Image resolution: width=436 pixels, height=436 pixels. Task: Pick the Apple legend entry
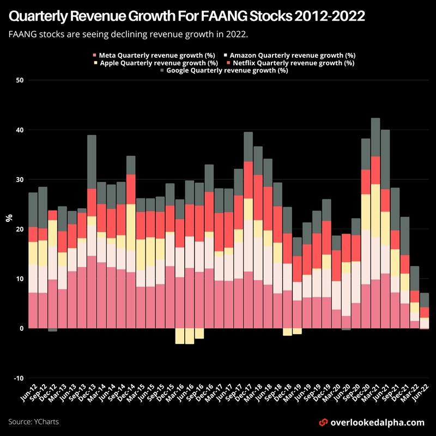point(155,63)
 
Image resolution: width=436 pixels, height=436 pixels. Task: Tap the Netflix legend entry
point(289,63)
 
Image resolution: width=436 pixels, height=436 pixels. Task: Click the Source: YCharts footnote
point(34,422)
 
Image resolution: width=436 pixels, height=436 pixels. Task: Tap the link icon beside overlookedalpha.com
point(323,422)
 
